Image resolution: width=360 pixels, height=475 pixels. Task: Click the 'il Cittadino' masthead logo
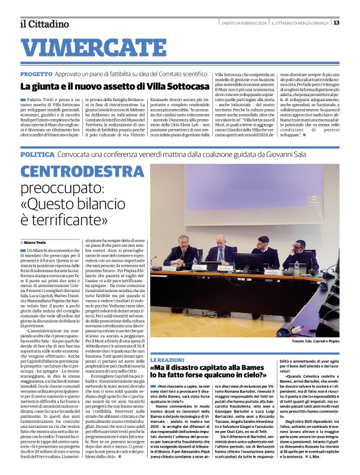pos(44,24)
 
